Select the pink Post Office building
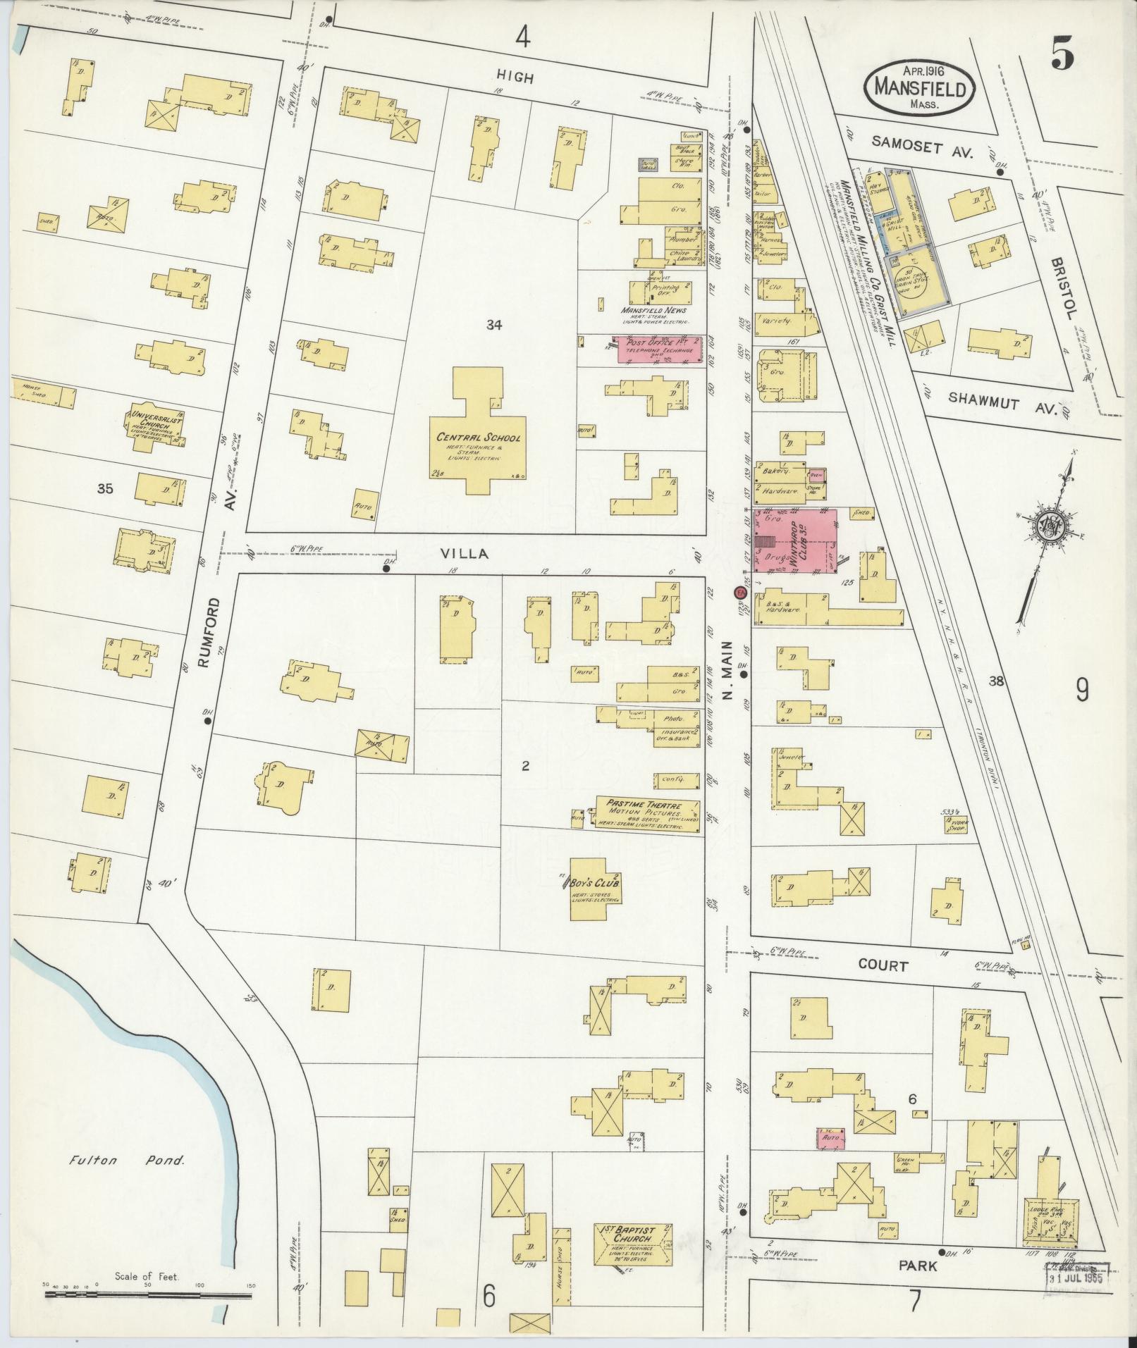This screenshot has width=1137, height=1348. [660, 350]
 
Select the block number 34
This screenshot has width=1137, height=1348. [493, 324]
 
